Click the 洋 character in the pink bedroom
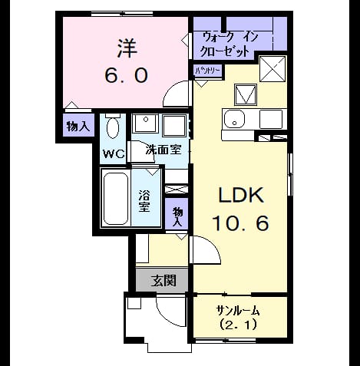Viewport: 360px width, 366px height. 127,48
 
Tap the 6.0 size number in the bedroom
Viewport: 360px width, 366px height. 127,75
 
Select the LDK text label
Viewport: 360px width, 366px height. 241,196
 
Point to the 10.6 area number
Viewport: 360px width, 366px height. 240,223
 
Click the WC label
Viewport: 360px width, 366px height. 114,154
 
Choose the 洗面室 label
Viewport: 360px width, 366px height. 163,150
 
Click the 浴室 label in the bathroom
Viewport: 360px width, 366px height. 144,201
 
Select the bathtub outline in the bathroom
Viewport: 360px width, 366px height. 116,199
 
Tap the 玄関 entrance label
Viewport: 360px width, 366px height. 163,280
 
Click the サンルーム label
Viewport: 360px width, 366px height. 238,311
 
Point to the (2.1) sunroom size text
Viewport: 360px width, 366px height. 238,325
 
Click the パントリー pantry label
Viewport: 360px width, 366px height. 208,71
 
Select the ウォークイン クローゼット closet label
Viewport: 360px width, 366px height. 228,45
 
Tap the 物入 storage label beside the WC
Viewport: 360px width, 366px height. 78,126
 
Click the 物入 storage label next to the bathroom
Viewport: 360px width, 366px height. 177,216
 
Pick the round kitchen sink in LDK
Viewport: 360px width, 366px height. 234,120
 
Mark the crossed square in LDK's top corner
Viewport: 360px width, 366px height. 272,69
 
